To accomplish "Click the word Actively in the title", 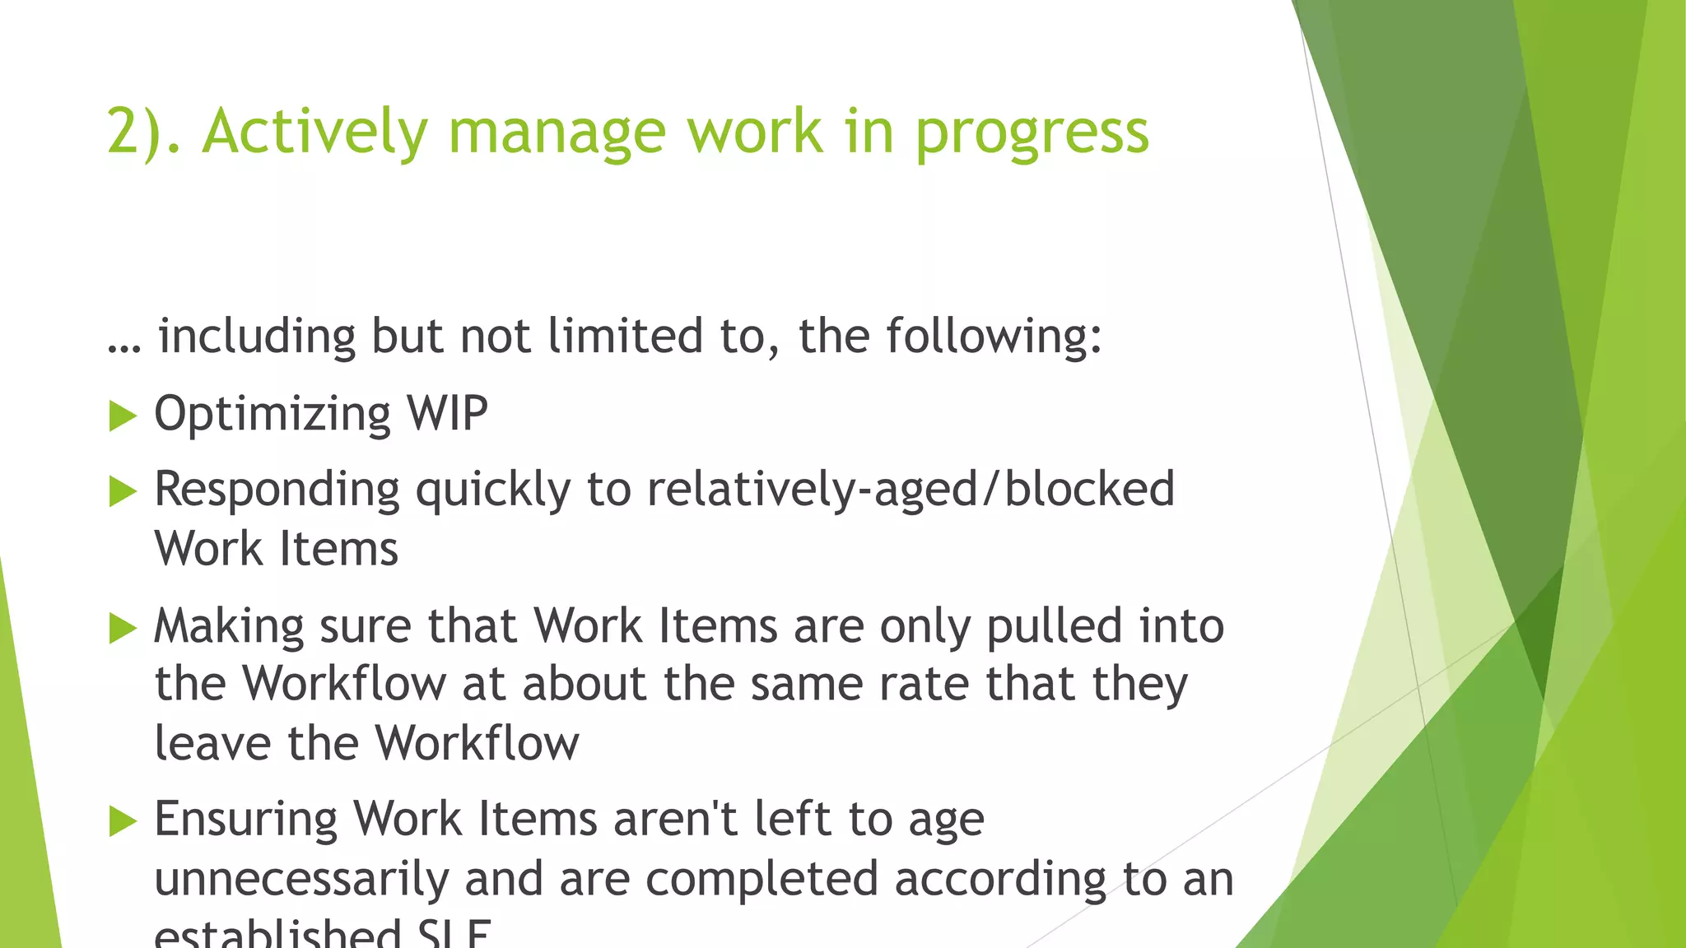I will [315, 132].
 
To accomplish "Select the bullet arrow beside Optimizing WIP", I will [123, 416].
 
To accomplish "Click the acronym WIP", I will [448, 413].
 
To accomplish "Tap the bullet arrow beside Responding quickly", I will [123, 492].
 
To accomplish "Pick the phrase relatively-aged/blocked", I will [911, 489].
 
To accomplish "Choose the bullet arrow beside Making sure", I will [123, 629].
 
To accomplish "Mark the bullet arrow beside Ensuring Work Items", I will [123, 820].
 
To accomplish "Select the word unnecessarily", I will [301, 880].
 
